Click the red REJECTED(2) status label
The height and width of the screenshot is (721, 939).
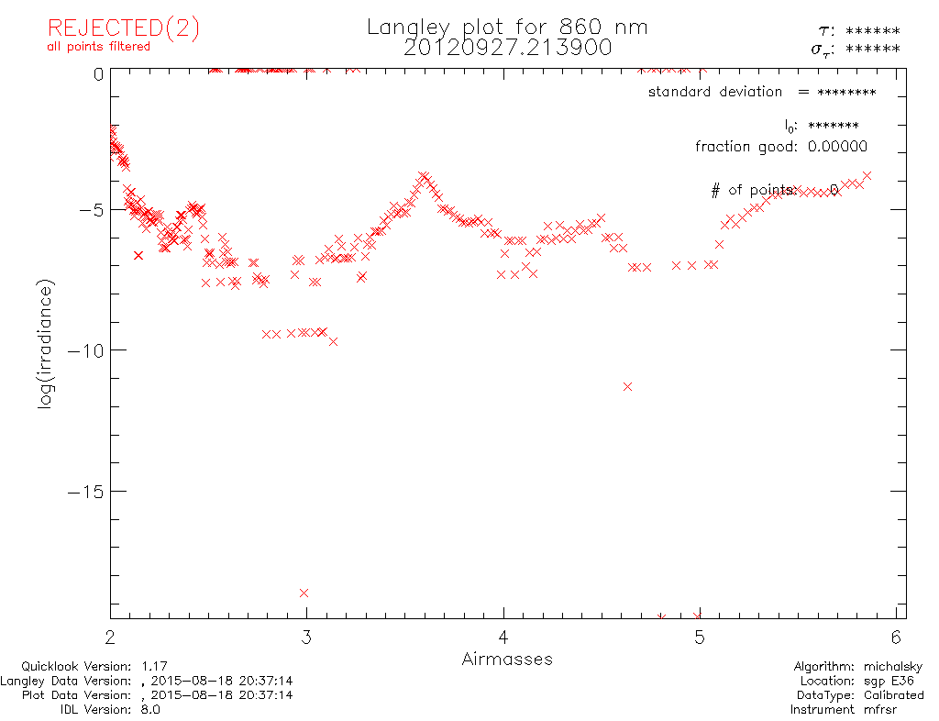pos(123,28)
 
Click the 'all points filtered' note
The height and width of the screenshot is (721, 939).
pos(98,47)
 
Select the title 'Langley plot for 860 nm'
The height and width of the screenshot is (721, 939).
pos(507,27)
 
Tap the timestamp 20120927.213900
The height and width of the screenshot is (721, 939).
pos(507,48)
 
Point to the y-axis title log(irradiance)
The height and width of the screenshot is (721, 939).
pos(46,343)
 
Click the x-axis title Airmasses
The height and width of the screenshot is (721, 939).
pos(507,659)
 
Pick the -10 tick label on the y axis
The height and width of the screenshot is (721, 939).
pos(83,350)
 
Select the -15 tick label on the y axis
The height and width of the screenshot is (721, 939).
pos(83,492)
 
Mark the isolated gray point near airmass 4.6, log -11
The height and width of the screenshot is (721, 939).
pos(627,386)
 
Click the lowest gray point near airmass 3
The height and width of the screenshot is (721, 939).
pos(304,593)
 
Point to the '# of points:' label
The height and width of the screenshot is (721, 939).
pos(753,191)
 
